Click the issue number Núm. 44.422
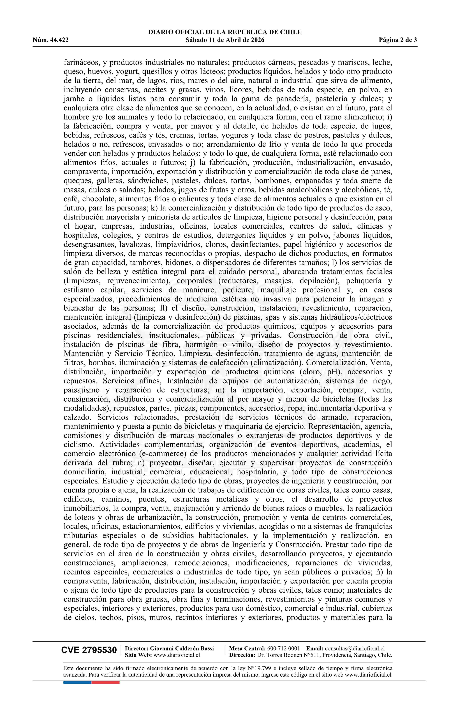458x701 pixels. tap(51, 40)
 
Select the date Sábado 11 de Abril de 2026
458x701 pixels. tap(225, 40)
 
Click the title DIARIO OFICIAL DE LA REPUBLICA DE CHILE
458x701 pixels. tap(225, 32)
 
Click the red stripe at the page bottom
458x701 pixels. tap(105, 682)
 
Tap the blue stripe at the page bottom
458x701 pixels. tap(77, 682)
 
